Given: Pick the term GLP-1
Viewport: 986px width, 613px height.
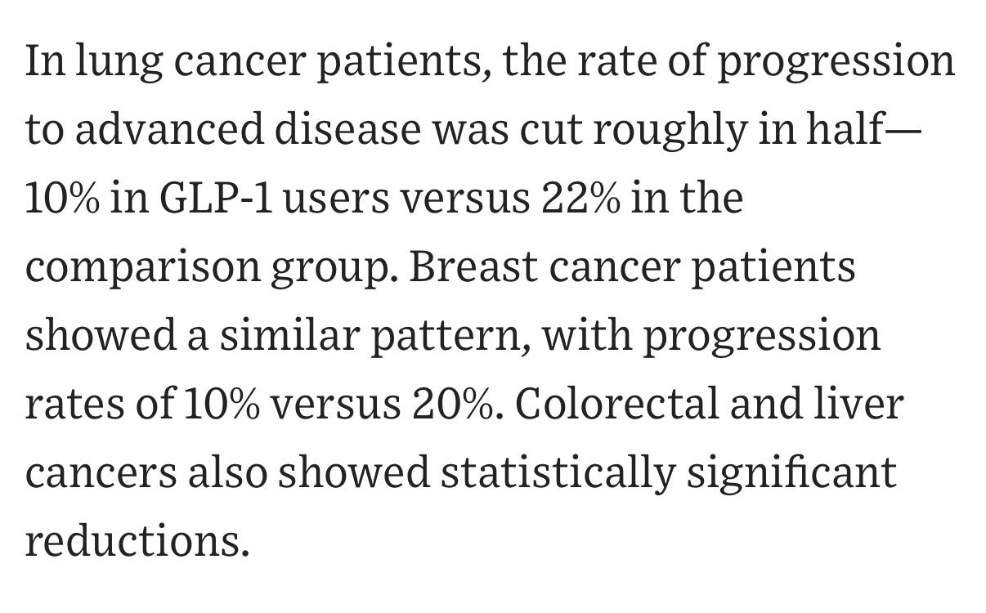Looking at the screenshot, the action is [216, 198].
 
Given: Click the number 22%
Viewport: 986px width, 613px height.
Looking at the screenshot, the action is [580, 198].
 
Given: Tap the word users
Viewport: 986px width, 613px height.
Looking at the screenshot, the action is [336, 202].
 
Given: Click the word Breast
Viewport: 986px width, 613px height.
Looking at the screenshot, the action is [473, 266].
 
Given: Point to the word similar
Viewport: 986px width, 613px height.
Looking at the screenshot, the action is [290, 333].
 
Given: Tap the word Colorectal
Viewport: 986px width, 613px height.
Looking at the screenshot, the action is [617, 402].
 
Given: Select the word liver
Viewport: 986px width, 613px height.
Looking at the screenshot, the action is [858, 402].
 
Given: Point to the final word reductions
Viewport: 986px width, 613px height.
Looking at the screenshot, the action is [137, 539].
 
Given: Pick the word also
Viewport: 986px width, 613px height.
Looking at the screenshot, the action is [227, 471].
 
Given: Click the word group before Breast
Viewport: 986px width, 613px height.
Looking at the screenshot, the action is [334, 271].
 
